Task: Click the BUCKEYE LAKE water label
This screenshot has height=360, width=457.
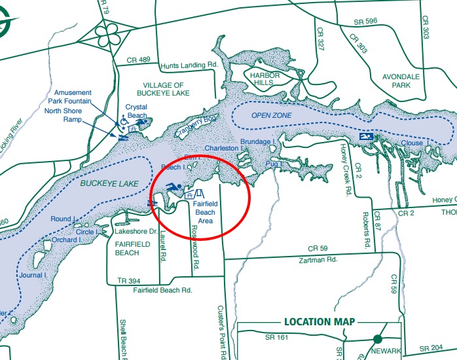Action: pyautogui.click(x=110, y=184)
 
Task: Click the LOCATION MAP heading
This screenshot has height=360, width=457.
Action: pyautogui.click(x=319, y=321)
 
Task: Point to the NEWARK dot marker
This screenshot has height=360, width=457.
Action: pyautogui.click(x=378, y=339)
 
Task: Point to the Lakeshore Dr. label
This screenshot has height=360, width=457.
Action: pyautogui.click(x=136, y=232)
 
